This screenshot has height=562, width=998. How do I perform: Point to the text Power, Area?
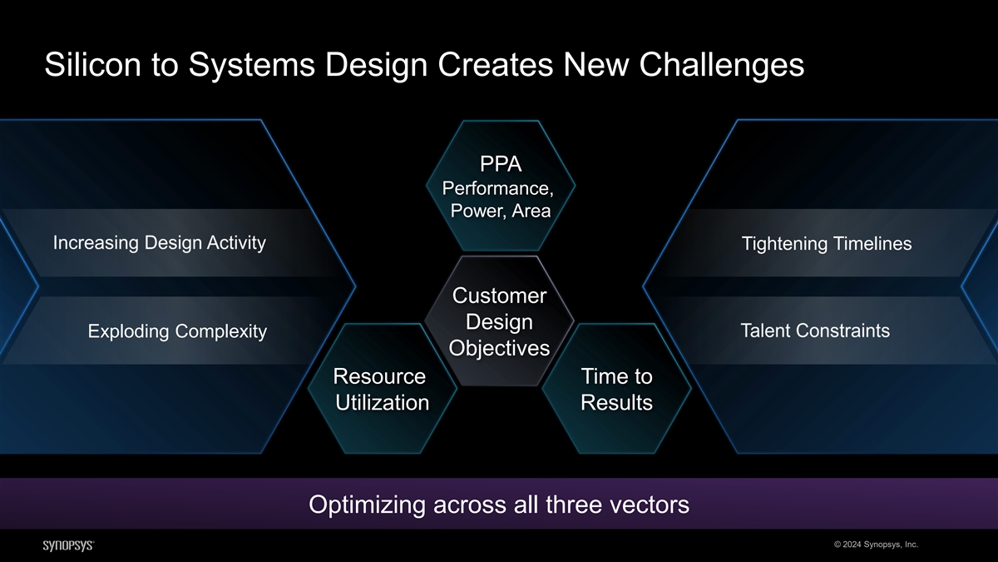(x=500, y=211)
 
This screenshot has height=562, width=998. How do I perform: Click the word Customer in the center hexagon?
(x=499, y=296)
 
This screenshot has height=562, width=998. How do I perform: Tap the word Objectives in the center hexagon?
(x=499, y=347)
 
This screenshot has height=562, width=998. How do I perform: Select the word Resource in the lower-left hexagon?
(x=379, y=376)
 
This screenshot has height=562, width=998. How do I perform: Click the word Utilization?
(x=383, y=403)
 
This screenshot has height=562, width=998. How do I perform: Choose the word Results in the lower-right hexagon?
(x=616, y=403)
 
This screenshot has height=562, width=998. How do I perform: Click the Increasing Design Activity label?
(x=159, y=243)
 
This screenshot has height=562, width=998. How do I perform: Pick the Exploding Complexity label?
(x=177, y=332)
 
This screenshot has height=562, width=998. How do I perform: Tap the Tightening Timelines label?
(x=826, y=244)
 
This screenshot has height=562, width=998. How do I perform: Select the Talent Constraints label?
(x=814, y=331)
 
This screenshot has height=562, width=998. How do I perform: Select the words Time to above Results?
(x=616, y=376)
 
